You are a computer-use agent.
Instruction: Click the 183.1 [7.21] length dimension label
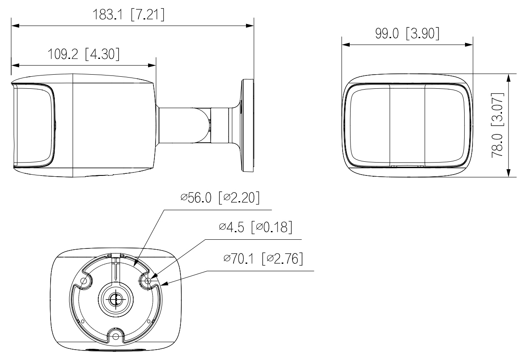129,15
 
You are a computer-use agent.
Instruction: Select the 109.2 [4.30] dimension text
84,54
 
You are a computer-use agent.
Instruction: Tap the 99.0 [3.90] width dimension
407,34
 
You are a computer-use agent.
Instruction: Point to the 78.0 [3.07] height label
498,125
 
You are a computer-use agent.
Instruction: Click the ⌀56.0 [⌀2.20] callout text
220,197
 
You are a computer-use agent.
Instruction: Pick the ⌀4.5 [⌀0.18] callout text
256,227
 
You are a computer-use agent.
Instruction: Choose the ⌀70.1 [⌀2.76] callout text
263,258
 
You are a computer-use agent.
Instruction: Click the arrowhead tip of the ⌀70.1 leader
162,285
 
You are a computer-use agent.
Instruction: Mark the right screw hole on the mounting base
148,281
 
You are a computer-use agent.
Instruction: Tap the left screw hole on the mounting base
83,281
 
